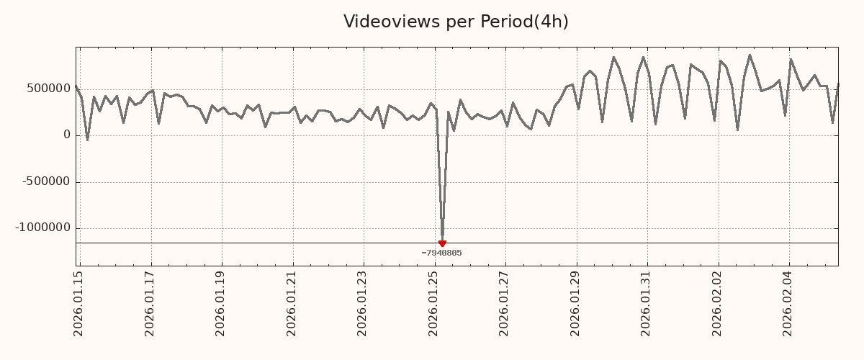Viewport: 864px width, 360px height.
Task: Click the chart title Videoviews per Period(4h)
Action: [456, 22]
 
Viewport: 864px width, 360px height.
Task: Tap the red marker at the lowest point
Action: [442, 243]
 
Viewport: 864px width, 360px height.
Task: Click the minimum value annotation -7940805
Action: [441, 253]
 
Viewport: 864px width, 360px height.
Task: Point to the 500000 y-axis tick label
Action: [49, 89]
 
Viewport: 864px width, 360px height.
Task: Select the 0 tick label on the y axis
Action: [67, 135]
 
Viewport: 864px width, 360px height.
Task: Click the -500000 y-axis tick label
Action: [47, 181]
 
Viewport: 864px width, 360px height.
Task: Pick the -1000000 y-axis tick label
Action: [44, 228]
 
